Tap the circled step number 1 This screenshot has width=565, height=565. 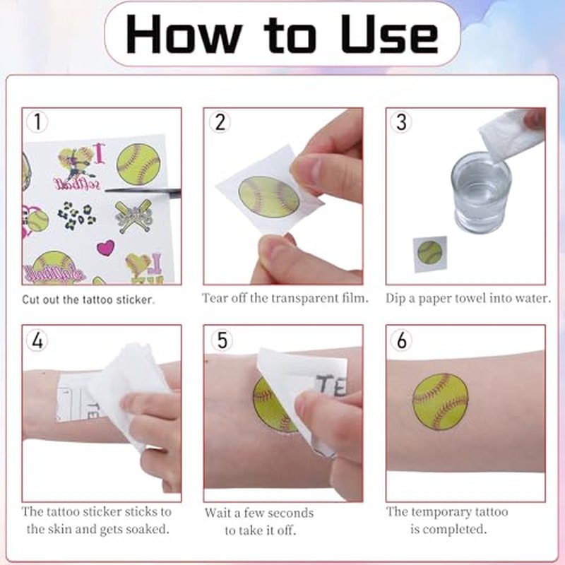coord(37,121)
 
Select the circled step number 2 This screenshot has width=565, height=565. coord(220,121)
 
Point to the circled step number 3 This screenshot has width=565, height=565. coord(401,121)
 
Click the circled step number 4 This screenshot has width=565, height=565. coord(37,340)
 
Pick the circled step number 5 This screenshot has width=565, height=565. coord(222,340)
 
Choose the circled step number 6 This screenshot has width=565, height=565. coord(401,340)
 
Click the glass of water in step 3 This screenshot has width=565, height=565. coord(481,192)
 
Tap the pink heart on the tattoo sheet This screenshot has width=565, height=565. coord(105,248)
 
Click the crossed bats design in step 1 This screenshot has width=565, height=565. coord(133,215)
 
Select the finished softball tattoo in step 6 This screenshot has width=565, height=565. coord(440,401)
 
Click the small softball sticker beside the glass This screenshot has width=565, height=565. coord(429,252)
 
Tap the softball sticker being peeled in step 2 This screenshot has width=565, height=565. coord(269,197)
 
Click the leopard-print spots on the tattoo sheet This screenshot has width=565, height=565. coord(77,216)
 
